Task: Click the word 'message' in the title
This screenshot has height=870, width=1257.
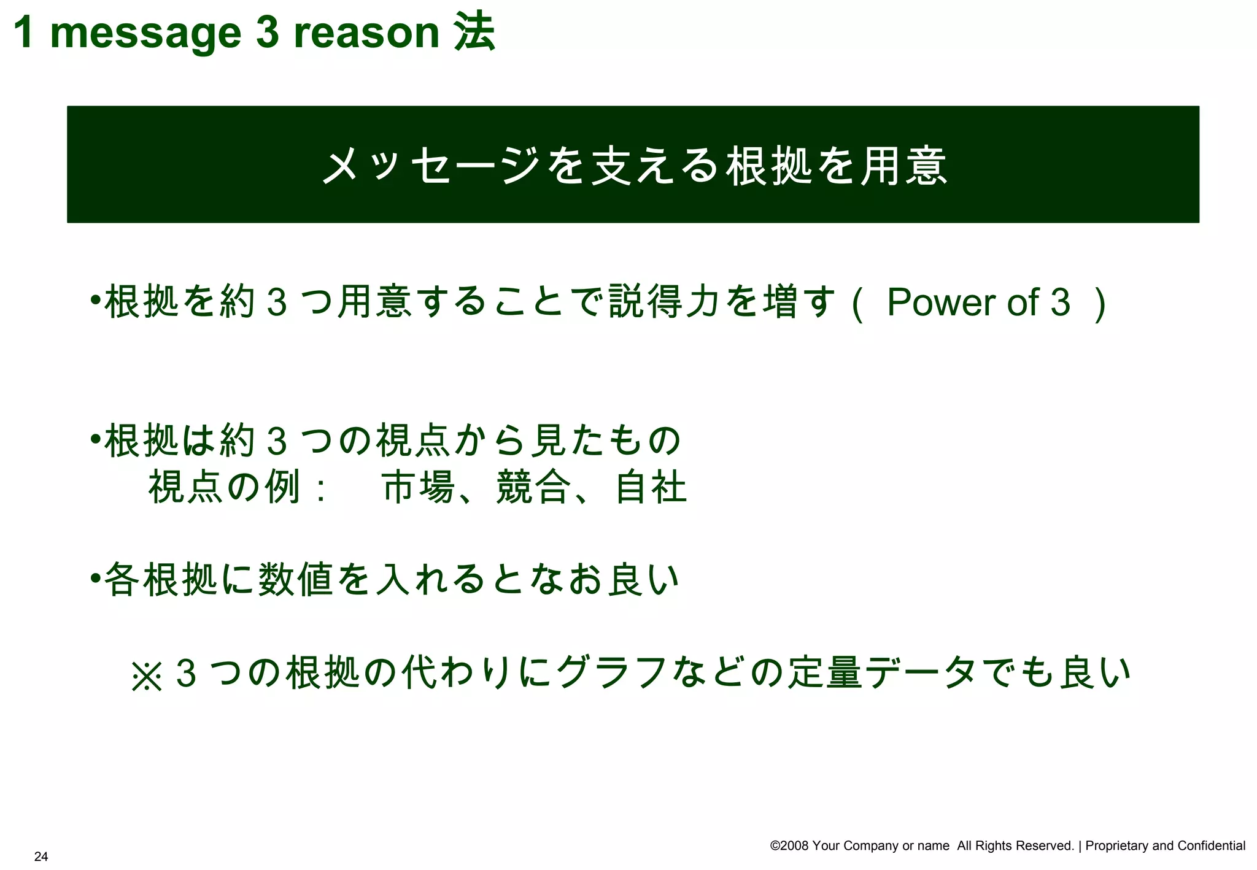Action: [x=145, y=33]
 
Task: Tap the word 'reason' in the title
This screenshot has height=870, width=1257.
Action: [x=366, y=33]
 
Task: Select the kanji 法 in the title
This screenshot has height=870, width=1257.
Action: [x=474, y=32]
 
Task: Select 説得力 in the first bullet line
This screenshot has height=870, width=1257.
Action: [x=666, y=302]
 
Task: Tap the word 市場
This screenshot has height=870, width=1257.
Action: [x=419, y=488]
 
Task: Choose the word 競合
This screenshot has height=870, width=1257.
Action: [x=533, y=488]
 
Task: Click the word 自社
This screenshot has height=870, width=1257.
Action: [x=651, y=488]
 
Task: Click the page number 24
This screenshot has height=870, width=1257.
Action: [x=41, y=857]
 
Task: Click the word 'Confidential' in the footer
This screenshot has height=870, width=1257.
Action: [x=1212, y=846]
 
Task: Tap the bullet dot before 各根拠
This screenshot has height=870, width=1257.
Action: [x=95, y=579]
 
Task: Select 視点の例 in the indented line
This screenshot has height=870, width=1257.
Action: [x=224, y=488]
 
